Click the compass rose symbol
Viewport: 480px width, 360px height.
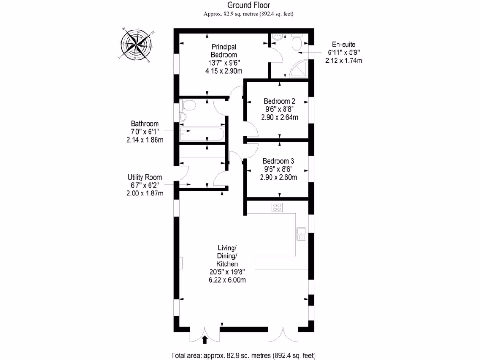136,45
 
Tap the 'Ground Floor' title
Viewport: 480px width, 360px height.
248,5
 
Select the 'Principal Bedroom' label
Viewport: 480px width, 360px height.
224,51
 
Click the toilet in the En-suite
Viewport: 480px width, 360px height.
296,43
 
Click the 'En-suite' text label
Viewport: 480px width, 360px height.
344,45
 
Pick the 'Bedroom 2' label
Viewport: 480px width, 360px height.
279,101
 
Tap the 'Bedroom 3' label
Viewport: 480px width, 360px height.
278,161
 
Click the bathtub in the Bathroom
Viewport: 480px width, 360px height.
202,134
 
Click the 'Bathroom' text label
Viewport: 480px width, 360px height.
144,124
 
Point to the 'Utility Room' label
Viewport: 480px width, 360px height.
145,177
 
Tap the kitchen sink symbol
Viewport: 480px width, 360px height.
301,234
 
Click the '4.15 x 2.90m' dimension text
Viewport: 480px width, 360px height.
224,71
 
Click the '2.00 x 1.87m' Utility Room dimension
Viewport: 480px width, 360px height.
145,194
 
